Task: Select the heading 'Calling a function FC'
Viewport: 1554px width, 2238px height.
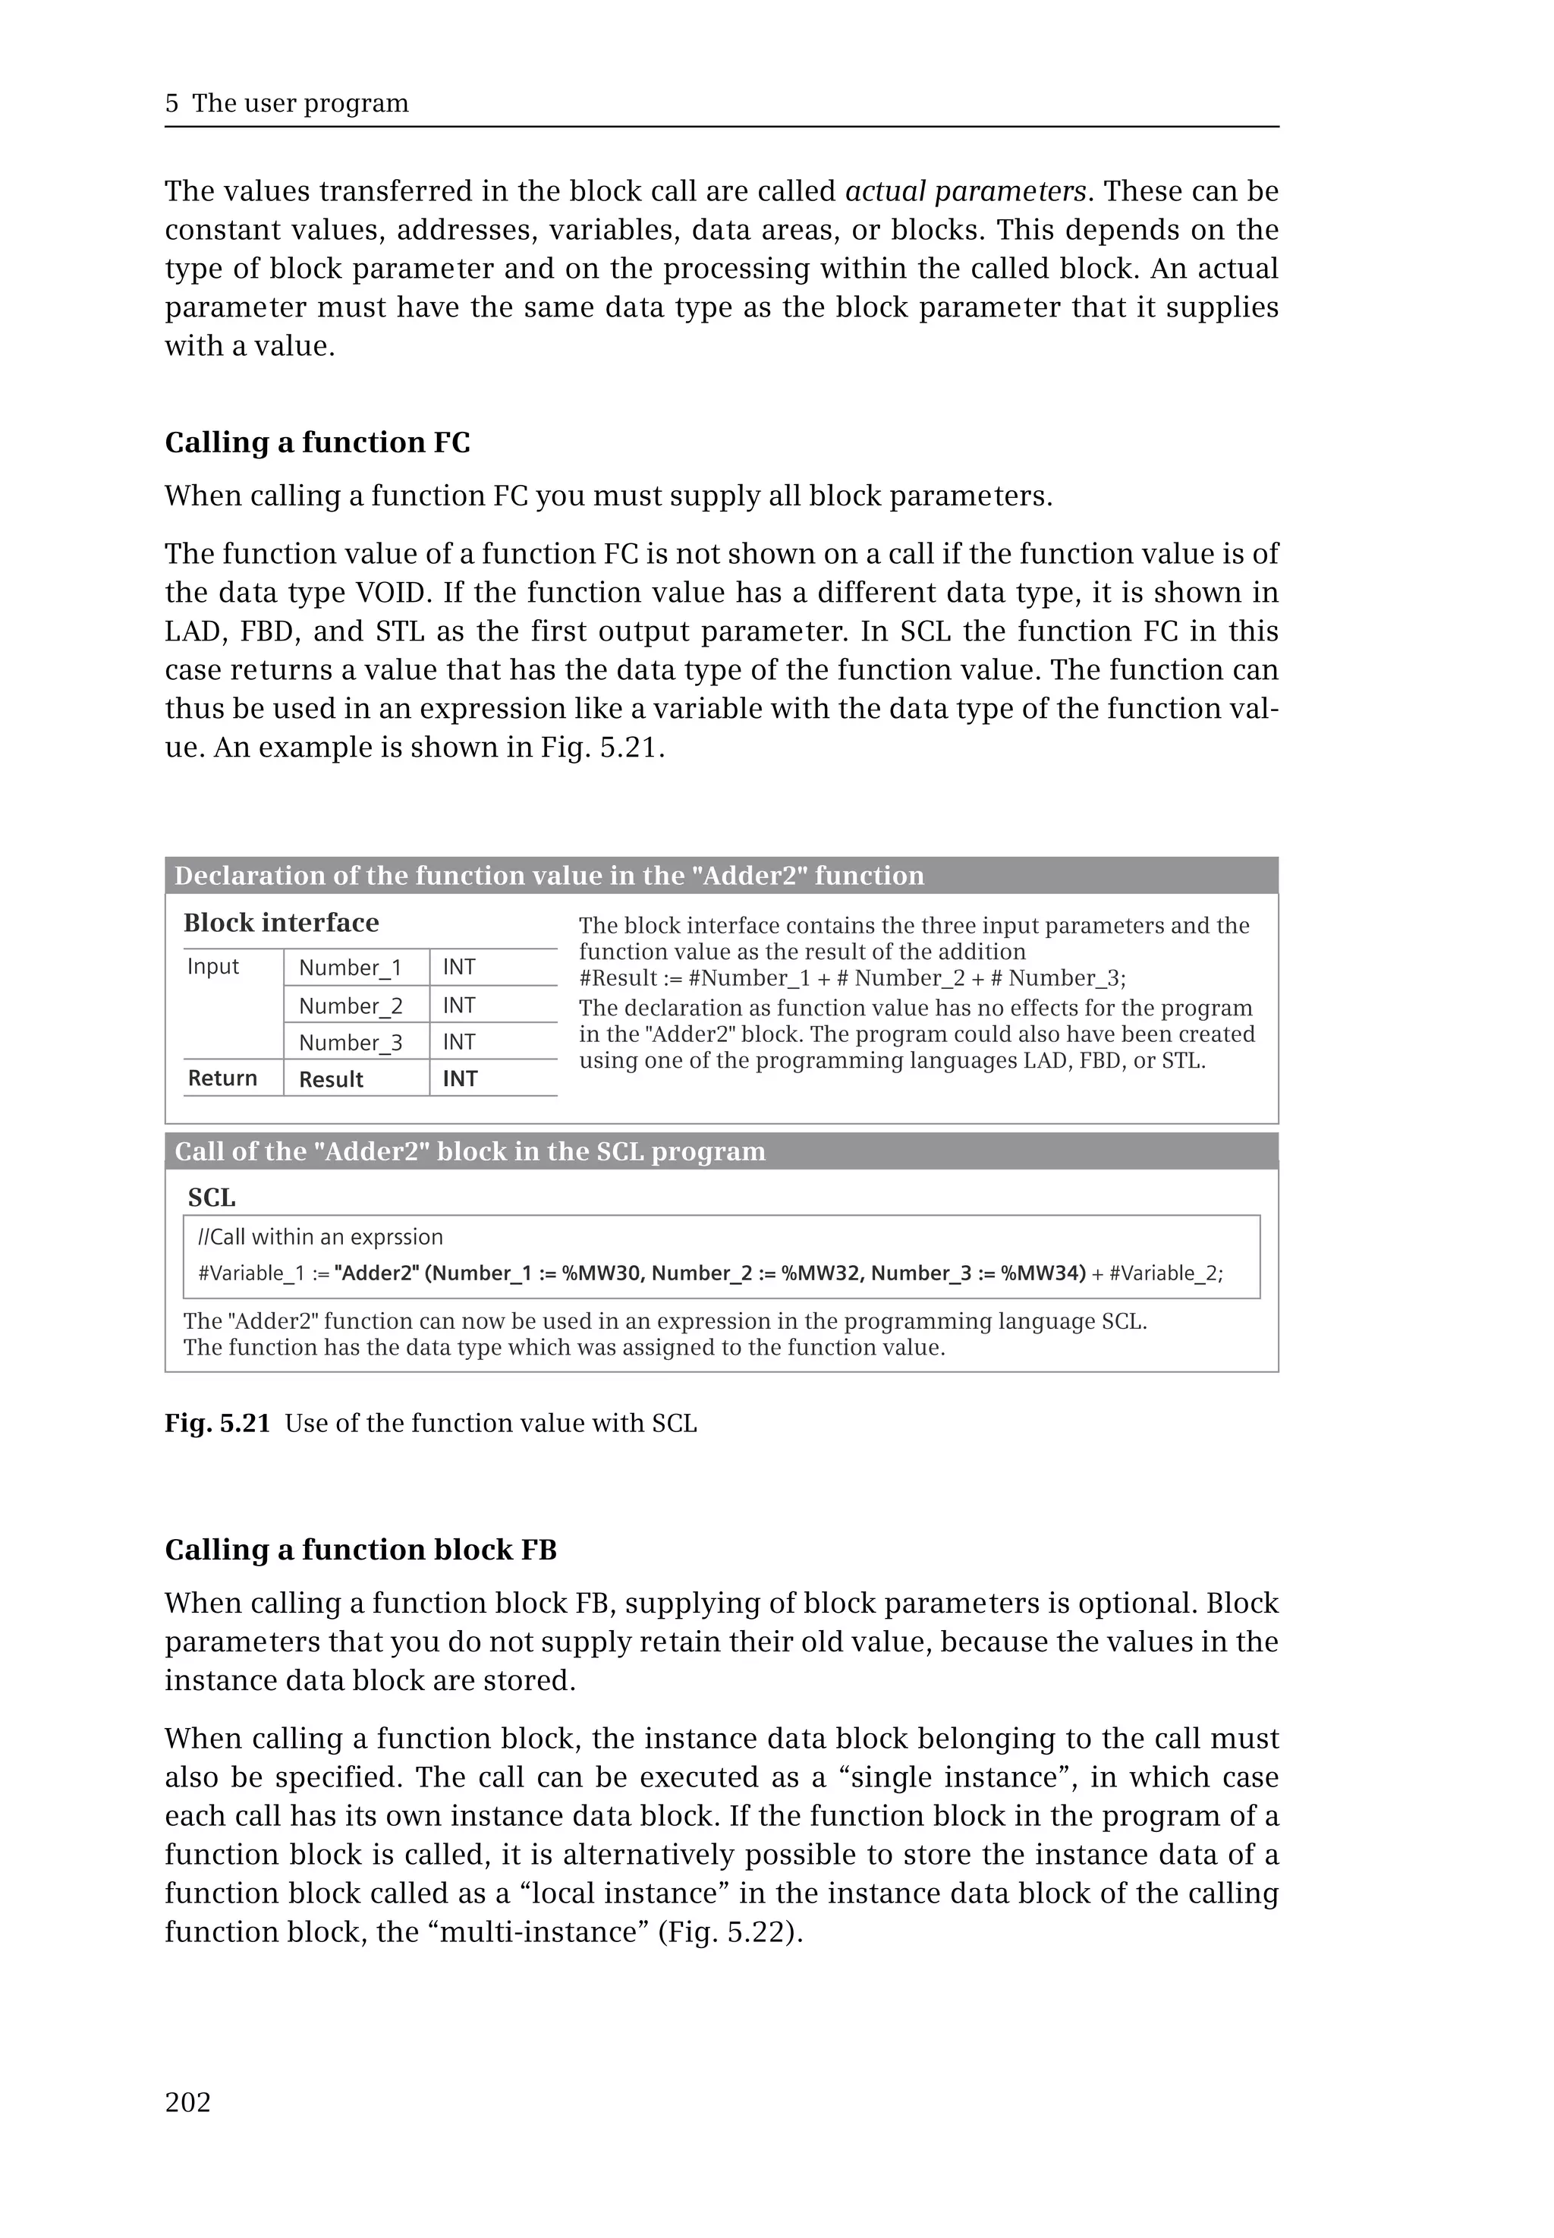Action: pos(316,442)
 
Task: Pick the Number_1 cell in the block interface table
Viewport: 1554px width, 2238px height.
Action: pos(350,967)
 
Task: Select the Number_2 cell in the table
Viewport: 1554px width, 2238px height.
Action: pos(350,1005)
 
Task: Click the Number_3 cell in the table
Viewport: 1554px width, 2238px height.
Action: pos(350,1042)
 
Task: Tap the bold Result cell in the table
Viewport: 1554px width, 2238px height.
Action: pos(331,1079)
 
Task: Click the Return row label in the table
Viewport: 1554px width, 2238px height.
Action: pos(222,1078)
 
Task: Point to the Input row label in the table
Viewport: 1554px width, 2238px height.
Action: pos(212,966)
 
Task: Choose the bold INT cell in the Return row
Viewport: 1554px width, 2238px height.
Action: pos(460,1079)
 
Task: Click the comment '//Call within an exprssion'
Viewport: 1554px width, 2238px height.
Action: pos(320,1237)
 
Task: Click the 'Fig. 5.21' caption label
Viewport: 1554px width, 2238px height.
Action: pos(217,1423)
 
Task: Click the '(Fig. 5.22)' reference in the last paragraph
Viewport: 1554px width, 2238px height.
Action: pos(729,1931)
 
